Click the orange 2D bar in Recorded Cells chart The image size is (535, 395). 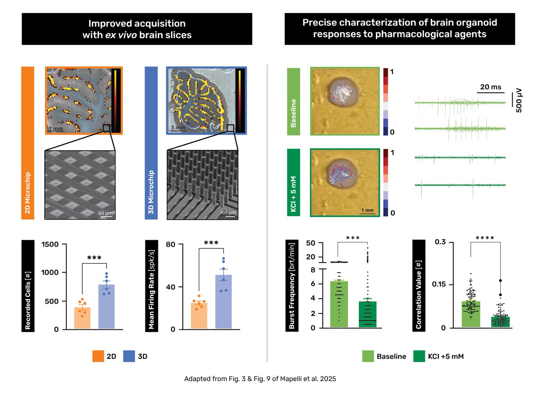click(82, 318)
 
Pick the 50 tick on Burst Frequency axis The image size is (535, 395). click(311, 243)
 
